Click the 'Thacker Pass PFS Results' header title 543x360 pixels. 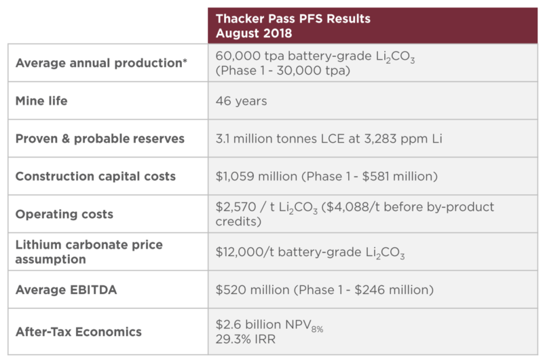[x=293, y=18]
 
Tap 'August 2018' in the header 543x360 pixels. [x=254, y=32]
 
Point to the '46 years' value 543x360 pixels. [x=241, y=101]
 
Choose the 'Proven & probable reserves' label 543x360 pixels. [x=99, y=139]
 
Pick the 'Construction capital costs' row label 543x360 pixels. [x=95, y=176]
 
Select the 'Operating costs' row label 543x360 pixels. [x=64, y=214]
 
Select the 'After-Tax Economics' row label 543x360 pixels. [x=78, y=331]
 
